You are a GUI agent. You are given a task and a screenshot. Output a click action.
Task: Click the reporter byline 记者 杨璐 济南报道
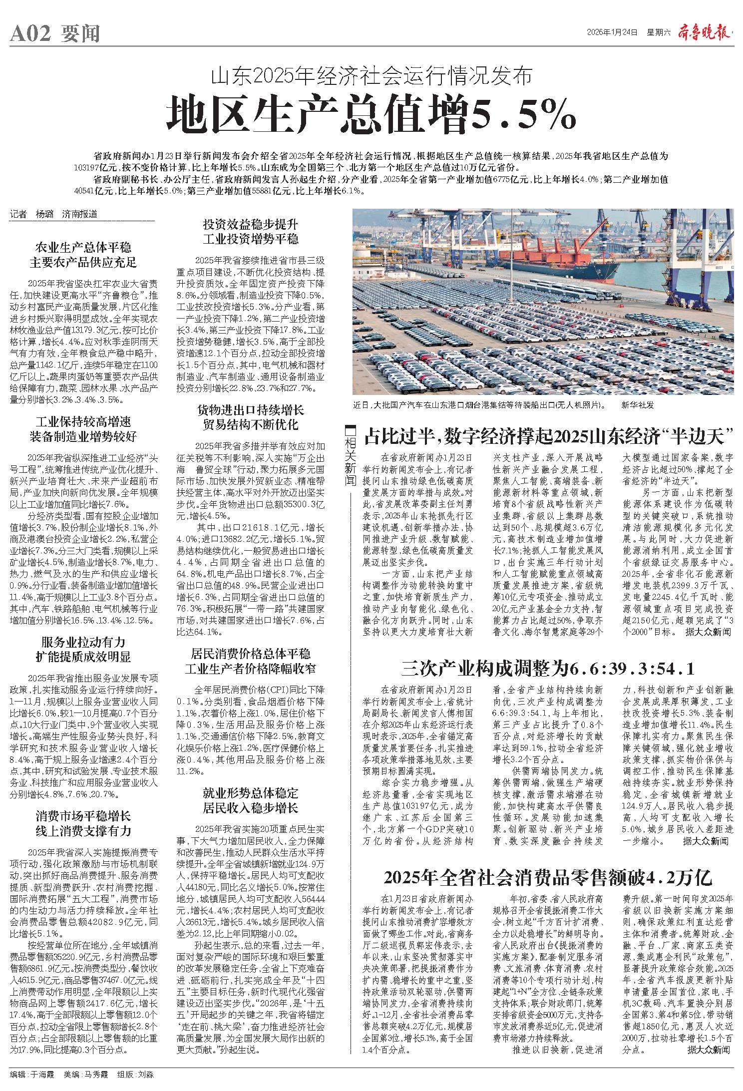(54, 215)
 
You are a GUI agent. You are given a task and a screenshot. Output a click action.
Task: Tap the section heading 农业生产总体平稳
(83, 247)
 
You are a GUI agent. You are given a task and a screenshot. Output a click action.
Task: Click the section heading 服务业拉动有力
(83, 642)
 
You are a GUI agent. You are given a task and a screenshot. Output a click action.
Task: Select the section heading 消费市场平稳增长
(83, 816)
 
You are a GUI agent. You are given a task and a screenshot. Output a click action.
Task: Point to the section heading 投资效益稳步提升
(250, 223)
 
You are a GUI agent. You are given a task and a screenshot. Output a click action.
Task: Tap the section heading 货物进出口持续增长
(250, 410)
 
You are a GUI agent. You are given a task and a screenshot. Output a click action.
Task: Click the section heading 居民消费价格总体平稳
(250, 654)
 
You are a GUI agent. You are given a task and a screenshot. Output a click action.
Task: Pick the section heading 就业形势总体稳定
(250, 793)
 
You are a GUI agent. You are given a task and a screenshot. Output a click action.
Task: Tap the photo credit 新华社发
(638, 404)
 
